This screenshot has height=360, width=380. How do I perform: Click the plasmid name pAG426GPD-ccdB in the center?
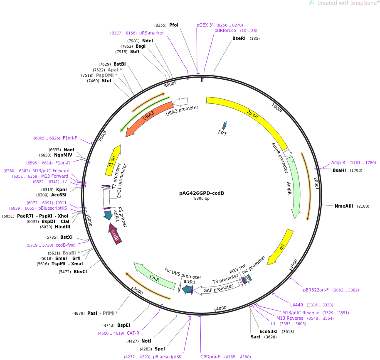pyautogui.click(x=202, y=193)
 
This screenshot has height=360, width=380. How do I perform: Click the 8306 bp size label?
pyautogui.click(x=202, y=198)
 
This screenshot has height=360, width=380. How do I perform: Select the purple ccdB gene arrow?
pyautogui.click(x=115, y=234)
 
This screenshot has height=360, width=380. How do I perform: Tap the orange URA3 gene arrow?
pyautogui.click(x=149, y=118)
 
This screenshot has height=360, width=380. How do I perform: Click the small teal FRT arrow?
pyautogui.click(x=224, y=125)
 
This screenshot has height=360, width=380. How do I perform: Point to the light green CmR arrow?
pyautogui.click(x=154, y=276)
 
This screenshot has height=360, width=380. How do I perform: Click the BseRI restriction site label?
pyautogui.click(x=239, y=39)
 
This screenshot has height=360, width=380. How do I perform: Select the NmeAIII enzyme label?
pyautogui.click(x=344, y=206)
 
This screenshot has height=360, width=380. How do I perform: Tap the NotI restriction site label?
pyautogui.click(x=146, y=341)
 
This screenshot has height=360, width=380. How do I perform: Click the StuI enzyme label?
pyautogui.click(x=106, y=81)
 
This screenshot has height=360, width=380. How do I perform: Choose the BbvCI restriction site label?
pyautogui.click(x=80, y=272)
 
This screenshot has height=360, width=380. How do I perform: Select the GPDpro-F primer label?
pyautogui.click(x=210, y=357)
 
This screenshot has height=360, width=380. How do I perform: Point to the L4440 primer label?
pyautogui.click(x=297, y=305)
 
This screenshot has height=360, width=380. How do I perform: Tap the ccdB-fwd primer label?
pyautogui.click(x=65, y=245)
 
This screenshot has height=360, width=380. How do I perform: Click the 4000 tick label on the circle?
pyautogui.click(x=221, y=308)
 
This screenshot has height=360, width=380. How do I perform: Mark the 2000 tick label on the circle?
pyautogui.click(x=316, y=182)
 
